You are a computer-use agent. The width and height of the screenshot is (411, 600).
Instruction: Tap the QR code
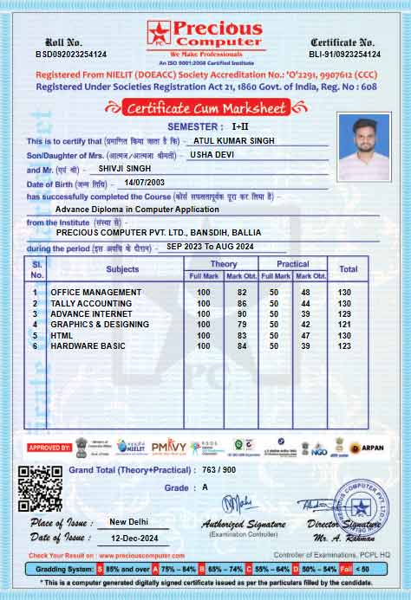coord(40,488)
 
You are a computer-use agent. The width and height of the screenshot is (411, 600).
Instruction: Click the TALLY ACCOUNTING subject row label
coord(91,304)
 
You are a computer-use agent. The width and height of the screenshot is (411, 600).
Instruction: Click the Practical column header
coord(292,264)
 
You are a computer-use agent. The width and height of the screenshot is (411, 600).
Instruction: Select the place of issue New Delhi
coord(128,522)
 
